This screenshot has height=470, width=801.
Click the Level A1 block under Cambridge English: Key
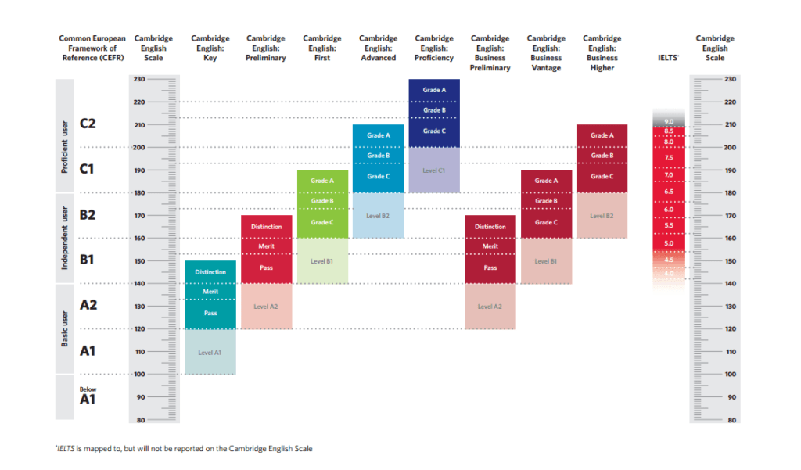pyautogui.click(x=210, y=353)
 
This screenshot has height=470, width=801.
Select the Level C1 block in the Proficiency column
pyautogui.click(x=433, y=170)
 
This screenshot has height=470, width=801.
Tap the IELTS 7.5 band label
pyautogui.click(x=669, y=158)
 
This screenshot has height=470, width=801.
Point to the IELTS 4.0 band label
pyautogui.click(x=669, y=273)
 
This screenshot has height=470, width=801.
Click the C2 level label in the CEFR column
pyautogui.click(x=88, y=124)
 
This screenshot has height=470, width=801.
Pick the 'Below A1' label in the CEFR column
pyautogui.click(x=88, y=396)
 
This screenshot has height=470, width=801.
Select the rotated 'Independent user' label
pyautogui.click(x=66, y=238)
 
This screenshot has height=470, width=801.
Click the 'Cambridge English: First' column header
pyautogui.click(x=322, y=48)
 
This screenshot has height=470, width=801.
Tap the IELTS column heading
pyautogui.click(x=668, y=58)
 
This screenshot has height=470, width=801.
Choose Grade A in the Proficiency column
pyautogui.click(x=434, y=90)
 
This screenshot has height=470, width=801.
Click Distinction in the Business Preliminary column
pyautogui.click(x=490, y=227)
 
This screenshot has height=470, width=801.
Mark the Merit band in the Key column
pyautogui.click(x=210, y=292)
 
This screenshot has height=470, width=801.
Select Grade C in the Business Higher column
pyautogui.click(x=602, y=176)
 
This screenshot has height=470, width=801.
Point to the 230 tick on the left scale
pyautogui.click(x=139, y=79)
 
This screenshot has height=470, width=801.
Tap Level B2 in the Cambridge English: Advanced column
pyautogui.click(x=378, y=215)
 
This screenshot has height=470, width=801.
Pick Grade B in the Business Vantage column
pyautogui.click(x=546, y=201)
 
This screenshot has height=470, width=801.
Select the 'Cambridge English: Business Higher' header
pyautogui.click(x=602, y=52)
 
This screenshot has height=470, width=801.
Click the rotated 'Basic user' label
pyautogui.click(x=66, y=329)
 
